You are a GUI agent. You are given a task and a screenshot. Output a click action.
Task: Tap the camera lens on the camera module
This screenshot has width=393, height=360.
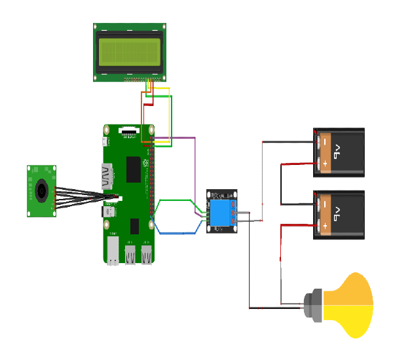pyautogui.click(x=41, y=190)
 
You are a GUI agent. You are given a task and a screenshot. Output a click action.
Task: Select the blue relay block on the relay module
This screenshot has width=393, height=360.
pyautogui.click(x=221, y=213)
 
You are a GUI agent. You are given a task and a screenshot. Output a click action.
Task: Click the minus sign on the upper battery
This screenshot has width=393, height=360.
pyautogui.click(x=324, y=141)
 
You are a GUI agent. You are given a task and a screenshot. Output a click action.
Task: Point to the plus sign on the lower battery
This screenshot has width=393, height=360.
pyautogui.click(x=324, y=225)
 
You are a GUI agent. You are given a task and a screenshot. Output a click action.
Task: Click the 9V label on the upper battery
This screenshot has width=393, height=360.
pyautogui.click(x=335, y=153)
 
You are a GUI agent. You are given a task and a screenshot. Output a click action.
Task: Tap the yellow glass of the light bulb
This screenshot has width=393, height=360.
pyautogui.click(x=354, y=305)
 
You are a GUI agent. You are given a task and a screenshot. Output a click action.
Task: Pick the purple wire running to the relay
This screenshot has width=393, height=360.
pyautogui.click(x=195, y=170)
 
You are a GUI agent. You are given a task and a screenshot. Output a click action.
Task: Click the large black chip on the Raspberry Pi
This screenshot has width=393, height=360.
pyautogui.click(x=134, y=169)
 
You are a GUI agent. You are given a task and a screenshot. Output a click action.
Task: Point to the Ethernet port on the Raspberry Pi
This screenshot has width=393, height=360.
pyautogui.click(x=113, y=250)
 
